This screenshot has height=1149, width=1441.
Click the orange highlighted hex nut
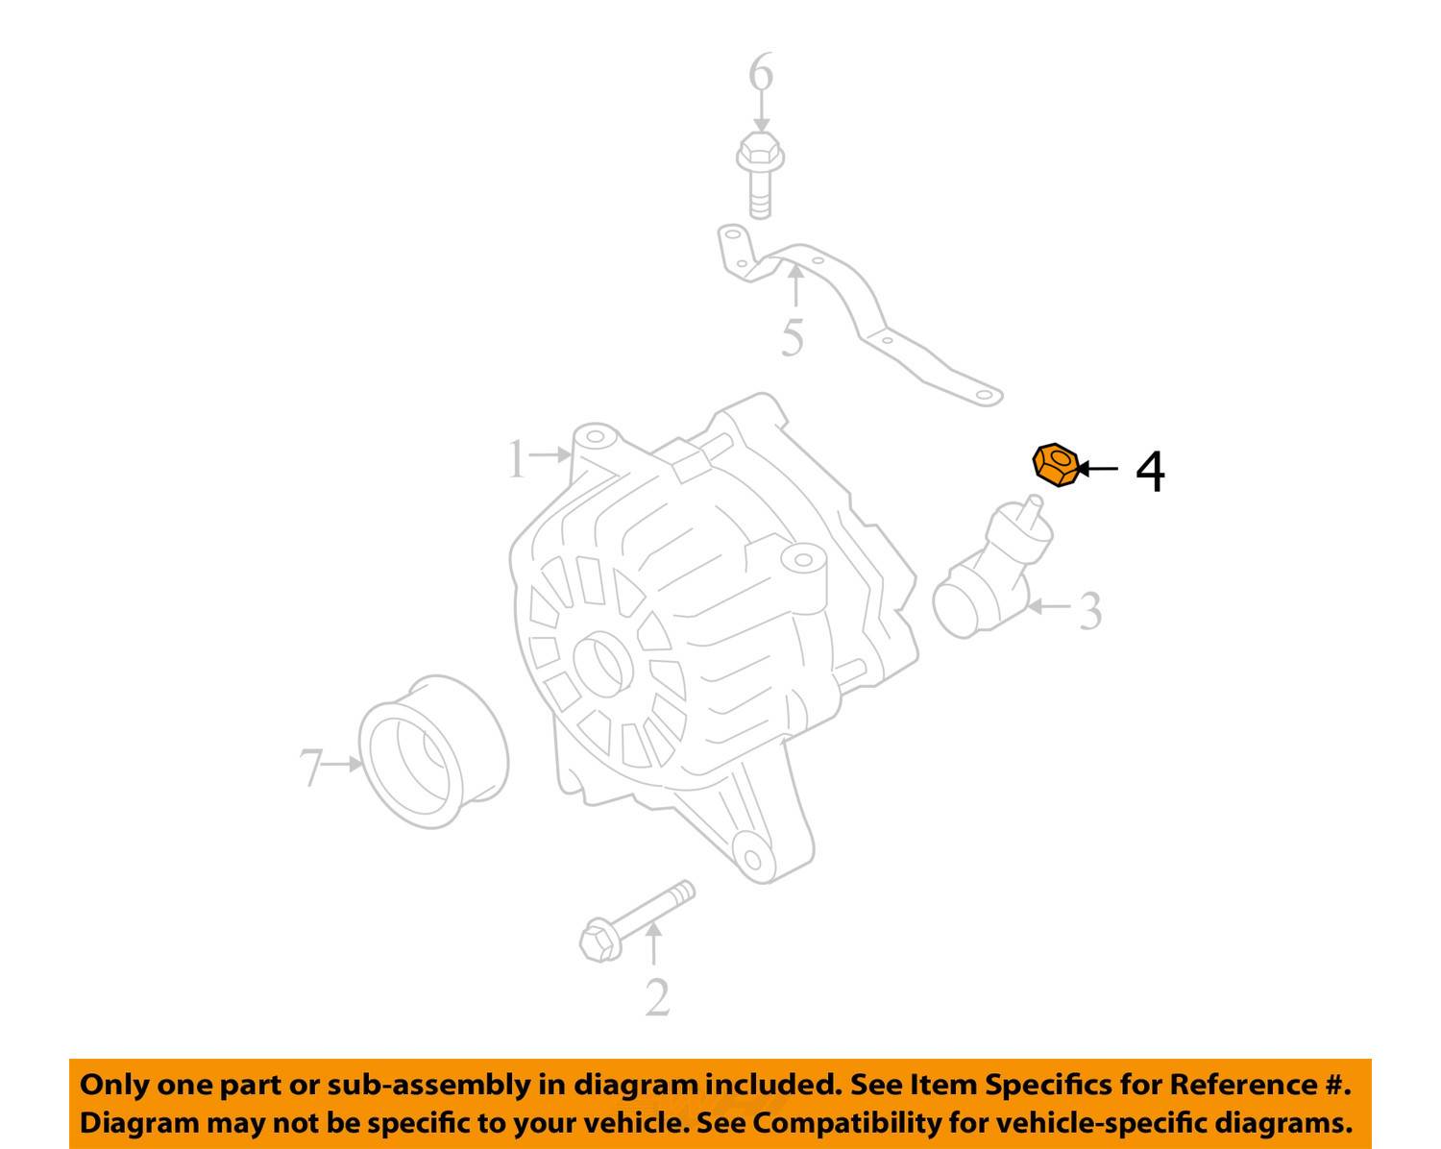click(1056, 465)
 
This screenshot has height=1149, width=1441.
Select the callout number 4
click(1150, 472)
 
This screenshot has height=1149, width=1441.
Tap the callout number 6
click(761, 71)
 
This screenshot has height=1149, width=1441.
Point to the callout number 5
click(793, 337)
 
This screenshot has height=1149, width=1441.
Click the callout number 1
click(516, 458)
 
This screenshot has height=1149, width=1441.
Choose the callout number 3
click(1090, 611)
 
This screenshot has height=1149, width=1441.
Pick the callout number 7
click(311, 767)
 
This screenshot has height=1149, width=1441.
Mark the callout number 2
click(657, 997)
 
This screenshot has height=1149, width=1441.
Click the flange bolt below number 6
click(760, 175)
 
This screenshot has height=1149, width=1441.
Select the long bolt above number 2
click(636, 921)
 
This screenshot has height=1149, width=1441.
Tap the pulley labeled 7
click(433, 751)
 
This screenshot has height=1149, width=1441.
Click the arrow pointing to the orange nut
click(1097, 469)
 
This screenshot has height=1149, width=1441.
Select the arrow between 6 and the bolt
click(761, 111)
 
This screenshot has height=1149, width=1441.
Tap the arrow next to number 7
click(344, 764)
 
